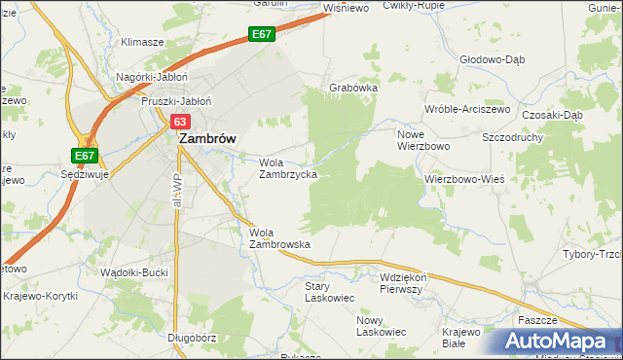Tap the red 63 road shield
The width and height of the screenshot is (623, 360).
[180, 122]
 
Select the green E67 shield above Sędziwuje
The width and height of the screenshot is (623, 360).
[84, 156]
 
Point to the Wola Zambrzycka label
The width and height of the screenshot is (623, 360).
[286, 168]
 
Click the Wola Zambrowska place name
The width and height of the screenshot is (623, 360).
[279, 238]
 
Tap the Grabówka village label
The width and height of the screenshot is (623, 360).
[352, 87]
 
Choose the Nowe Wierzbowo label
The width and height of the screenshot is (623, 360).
[421, 139]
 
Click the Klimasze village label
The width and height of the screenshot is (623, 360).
[141, 43]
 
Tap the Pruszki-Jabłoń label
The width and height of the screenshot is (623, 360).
[176, 100]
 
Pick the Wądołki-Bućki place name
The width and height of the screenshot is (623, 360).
[137, 272]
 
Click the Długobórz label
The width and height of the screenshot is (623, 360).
[190, 338]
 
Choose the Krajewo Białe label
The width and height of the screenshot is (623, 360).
[460, 338]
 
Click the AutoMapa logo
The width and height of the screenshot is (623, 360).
[556, 342]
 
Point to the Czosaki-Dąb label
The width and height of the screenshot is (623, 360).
[552, 114]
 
